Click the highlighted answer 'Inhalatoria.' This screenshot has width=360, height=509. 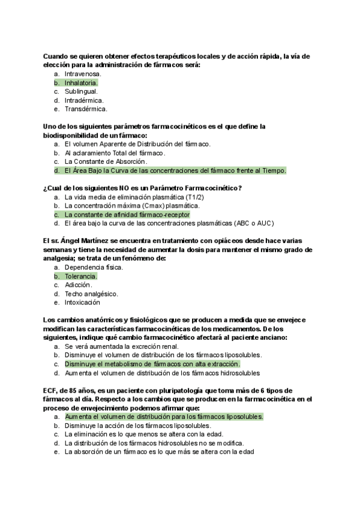pos(81,82)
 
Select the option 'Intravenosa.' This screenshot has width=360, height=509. pos(83,73)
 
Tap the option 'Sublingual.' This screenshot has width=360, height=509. pos(81,91)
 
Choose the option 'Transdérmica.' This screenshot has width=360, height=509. pos(86,109)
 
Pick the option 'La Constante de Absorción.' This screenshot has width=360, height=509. pos(106,161)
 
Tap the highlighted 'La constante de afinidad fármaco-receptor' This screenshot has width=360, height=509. pos(127,214)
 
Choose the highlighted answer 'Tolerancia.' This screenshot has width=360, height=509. pos(80,276)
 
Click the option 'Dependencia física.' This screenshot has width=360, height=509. pos(94,267)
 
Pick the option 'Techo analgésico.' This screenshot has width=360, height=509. pos(91,294)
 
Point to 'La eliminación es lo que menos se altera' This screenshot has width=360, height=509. pos(126,434)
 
